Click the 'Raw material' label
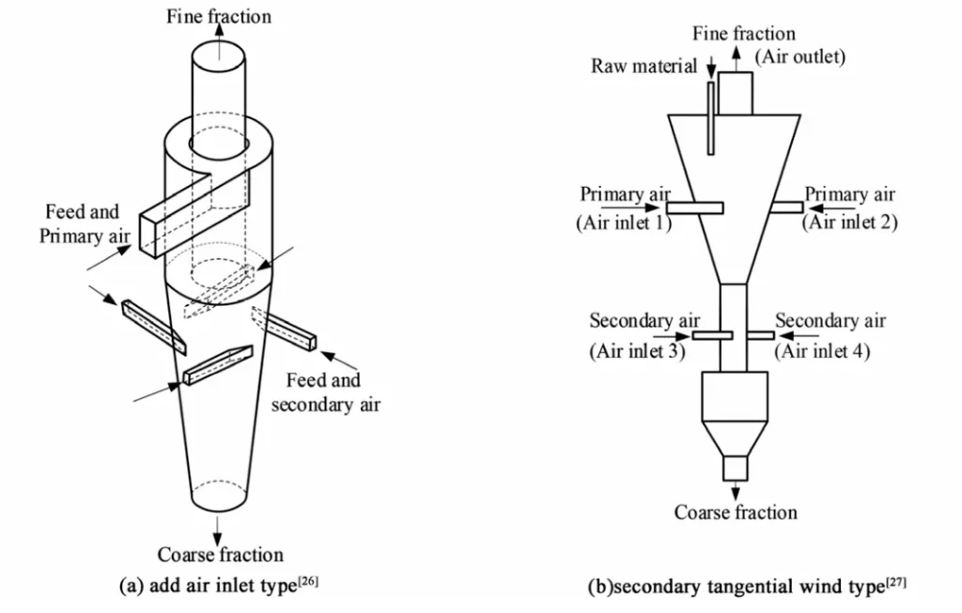point(644,67)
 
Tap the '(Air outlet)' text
point(800,57)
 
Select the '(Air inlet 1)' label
point(623,223)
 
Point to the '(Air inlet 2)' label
point(849,223)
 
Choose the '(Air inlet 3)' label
point(636,352)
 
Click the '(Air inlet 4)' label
point(822,352)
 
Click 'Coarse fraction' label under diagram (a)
point(220,555)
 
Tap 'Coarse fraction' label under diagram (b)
point(736,513)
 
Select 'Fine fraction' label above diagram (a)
point(219,16)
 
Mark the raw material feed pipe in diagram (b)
point(711,116)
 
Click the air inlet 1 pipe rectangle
point(696,207)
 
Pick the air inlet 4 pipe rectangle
point(761,335)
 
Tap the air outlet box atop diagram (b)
point(737,92)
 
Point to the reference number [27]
point(896,582)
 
